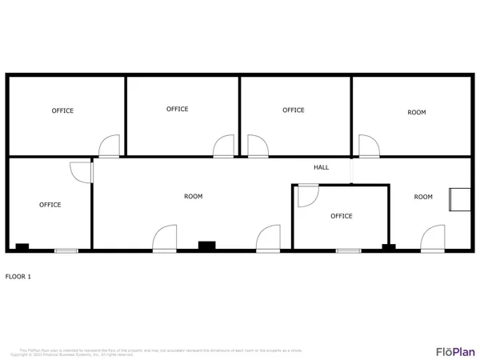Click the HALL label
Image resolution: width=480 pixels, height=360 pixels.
[x=321, y=167]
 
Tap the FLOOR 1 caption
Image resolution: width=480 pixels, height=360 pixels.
[x=18, y=277]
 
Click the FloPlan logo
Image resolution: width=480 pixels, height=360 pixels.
[x=455, y=350]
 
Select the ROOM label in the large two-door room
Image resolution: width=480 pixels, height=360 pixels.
[x=193, y=196]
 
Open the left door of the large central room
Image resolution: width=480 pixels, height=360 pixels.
[x=165, y=238]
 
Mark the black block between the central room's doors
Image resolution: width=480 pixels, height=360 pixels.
[x=207, y=246]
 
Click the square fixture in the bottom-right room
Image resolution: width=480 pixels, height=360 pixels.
[x=459, y=199]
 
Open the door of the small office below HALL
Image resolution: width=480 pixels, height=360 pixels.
[x=308, y=195]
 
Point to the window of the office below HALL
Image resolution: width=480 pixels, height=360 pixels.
[x=348, y=251]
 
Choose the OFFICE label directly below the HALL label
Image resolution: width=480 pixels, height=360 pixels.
[x=342, y=216]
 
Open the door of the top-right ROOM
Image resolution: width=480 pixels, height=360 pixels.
[x=368, y=146]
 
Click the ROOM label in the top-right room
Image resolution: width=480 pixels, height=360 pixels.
[x=417, y=113]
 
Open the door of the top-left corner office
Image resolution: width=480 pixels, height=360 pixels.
[x=109, y=146]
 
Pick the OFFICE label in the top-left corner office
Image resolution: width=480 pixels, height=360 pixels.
[x=62, y=110]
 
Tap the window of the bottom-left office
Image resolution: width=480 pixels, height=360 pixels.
[x=66, y=251]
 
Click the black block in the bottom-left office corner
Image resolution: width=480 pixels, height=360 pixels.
[x=22, y=247]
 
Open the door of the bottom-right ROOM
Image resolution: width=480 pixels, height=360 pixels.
[x=433, y=238]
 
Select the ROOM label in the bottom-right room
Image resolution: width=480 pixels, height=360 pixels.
[x=423, y=197]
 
